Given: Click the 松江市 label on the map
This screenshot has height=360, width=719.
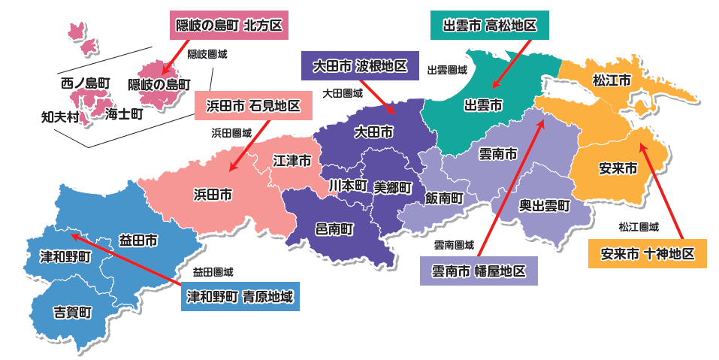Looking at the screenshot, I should pos(611,80).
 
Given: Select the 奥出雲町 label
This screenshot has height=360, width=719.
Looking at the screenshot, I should pos(545,204).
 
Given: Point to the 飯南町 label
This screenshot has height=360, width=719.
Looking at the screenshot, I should pos(443,198).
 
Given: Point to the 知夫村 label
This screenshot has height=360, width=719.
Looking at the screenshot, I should pos(60,116).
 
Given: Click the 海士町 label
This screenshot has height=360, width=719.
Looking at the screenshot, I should pos(124,114).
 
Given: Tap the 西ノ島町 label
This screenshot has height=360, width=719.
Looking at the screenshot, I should pos(86,83).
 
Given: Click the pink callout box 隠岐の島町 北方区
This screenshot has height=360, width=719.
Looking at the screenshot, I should pos(228,26).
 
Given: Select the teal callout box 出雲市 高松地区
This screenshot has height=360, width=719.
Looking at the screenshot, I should pos(490,26).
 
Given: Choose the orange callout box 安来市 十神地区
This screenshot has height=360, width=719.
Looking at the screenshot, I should pos(647,254).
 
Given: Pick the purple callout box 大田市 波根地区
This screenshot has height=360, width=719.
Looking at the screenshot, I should pos(354,66).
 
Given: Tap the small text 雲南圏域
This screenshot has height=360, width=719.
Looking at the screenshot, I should pos(454,245).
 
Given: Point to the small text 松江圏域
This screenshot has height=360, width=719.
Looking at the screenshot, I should pos(639,226).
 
